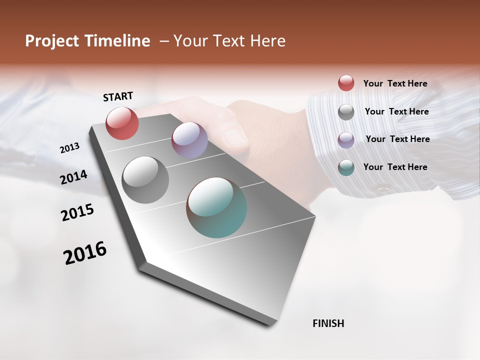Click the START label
tap(118, 96)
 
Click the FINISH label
tap(328, 323)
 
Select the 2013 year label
tap(69, 148)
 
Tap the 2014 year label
tap(73, 177)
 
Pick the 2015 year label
tap(77, 212)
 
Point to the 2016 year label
tap(85, 252)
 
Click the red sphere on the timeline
tap(122, 123)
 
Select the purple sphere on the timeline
tap(189, 140)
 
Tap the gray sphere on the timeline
tap(145, 180)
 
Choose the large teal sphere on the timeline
tap(216, 207)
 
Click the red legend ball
tap(346, 83)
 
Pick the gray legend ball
tap(346, 112)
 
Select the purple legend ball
tap(346, 139)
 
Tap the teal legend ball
tap(346, 167)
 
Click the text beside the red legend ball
tap(395, 83)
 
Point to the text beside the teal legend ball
tap(395, 167)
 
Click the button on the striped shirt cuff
tap(383, 189)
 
